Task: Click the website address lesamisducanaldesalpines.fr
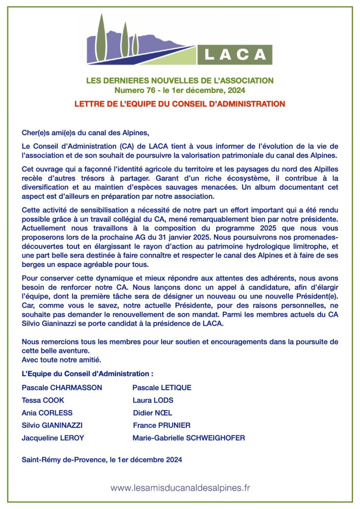tap(180, 488)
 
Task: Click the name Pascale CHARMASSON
tap(62, 387)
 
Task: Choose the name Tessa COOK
tap(43, 400)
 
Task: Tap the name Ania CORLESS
tap(47, 413)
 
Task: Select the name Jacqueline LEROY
tap(53, 438)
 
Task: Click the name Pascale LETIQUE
tap(162, 387)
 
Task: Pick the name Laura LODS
tap(153, 400)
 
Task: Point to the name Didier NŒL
tap(153, 413)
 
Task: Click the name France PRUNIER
tap(162, 425)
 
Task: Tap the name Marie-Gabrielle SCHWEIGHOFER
tap(188, 438)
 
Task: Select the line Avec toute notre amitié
tap(62, 359)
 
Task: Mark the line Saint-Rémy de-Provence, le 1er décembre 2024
tap(102, 460)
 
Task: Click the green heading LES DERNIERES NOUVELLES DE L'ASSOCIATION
tap(180, 80)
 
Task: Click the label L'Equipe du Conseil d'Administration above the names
tap(88, 373)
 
